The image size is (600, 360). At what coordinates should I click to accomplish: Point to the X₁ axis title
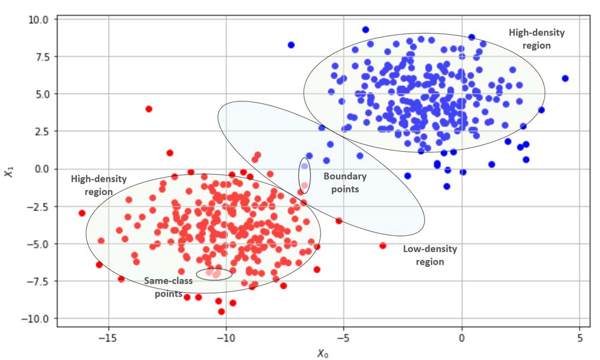pos(8,172)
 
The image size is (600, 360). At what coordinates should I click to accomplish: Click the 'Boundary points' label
pos(344,182)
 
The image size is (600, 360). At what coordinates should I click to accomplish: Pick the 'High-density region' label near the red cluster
pos(92,185)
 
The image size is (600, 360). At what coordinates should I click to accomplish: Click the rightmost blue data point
pos(565,79)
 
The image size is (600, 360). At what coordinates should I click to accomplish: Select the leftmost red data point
pos(82,213)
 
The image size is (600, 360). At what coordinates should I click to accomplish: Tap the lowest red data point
pos(221,311)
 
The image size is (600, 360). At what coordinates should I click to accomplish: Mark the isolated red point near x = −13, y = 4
pos(149,109)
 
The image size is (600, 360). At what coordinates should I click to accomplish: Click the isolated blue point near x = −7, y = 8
pos(291,45)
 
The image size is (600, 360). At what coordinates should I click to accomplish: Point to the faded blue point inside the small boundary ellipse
pos(304,166)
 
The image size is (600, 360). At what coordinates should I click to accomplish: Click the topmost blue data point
pos(365,29)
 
